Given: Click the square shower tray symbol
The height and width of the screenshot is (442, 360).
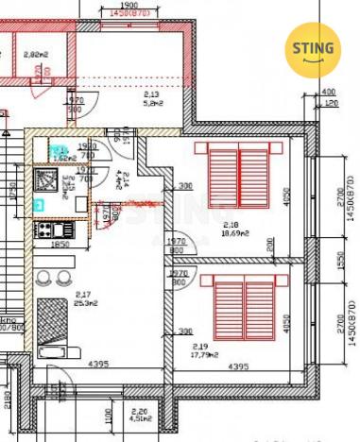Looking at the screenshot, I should pyautogui.click(x=46, y=179).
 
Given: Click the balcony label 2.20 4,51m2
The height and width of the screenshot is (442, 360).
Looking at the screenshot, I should pyautogui.click(x=139, y=415).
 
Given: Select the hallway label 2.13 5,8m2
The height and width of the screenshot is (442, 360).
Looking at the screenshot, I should pyautogui.click(x=151, y=98).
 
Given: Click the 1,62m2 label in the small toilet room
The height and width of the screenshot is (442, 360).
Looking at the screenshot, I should pyautogui.click(x=63, y=159).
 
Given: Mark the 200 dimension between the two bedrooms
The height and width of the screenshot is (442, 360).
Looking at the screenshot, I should pyautogui.click(x=270, y=244).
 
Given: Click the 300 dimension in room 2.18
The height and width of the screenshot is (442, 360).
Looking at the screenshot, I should pyautogui.click(x=185, y=185).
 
